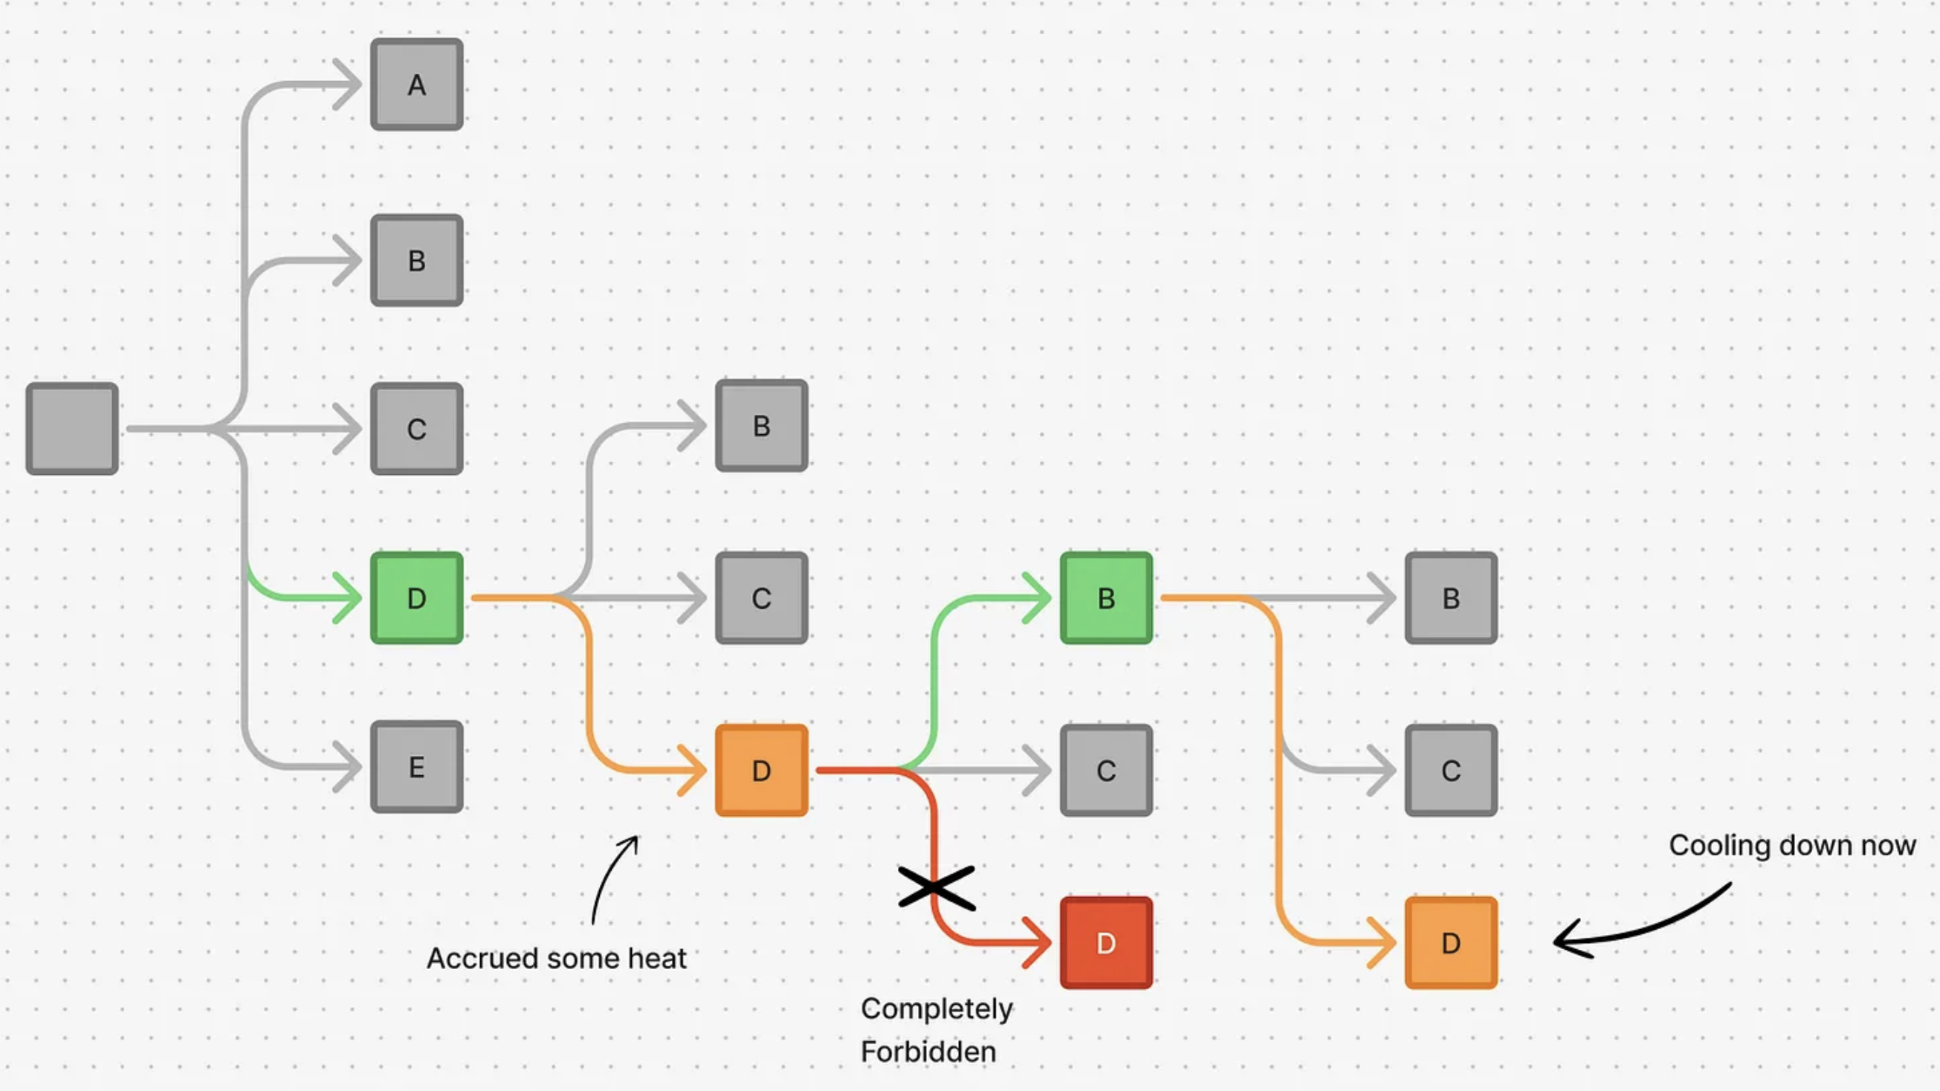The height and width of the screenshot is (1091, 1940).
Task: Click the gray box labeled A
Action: [x=416, y=84]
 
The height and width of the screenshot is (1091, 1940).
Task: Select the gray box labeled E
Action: [x=416, y=766]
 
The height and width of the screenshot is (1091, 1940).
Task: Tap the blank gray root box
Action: [x=72, y=428]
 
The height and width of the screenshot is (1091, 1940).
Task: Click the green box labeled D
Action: [x=416, y=598]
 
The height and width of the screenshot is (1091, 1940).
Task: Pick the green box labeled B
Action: [x=1105, y=598]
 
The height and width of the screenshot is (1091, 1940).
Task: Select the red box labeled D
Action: [x=1105, y=942]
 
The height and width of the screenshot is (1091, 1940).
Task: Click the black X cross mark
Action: [x=936, y=887]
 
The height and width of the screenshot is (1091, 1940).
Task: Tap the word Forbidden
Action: [x=928, y=1052]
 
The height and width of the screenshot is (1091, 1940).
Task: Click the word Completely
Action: [x=936, y=1009]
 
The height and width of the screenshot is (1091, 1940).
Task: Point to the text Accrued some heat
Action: [x=556, y=959]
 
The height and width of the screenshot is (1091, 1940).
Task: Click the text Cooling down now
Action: [x=1791, y=845]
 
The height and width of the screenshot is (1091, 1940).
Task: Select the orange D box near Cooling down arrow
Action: [x=1450, y=942]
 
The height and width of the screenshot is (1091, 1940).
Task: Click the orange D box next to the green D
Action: [x=760, y=770]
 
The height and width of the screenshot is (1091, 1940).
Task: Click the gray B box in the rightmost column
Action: [x=1450, y=598]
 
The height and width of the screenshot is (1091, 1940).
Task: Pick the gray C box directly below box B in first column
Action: [x=416, y=428]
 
